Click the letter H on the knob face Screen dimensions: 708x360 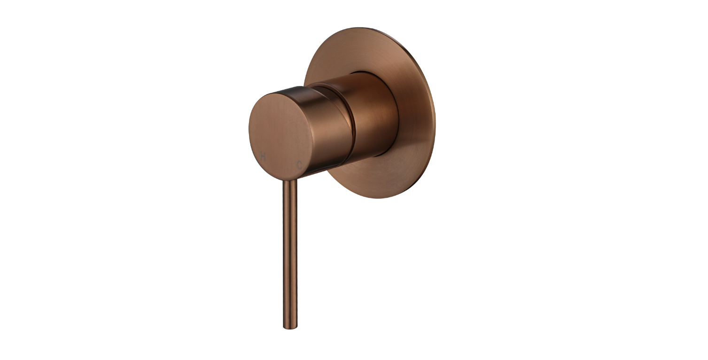click(262, 157)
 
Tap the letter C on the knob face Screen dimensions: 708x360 click(300, 164)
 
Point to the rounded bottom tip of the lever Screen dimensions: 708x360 click(290, 328)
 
